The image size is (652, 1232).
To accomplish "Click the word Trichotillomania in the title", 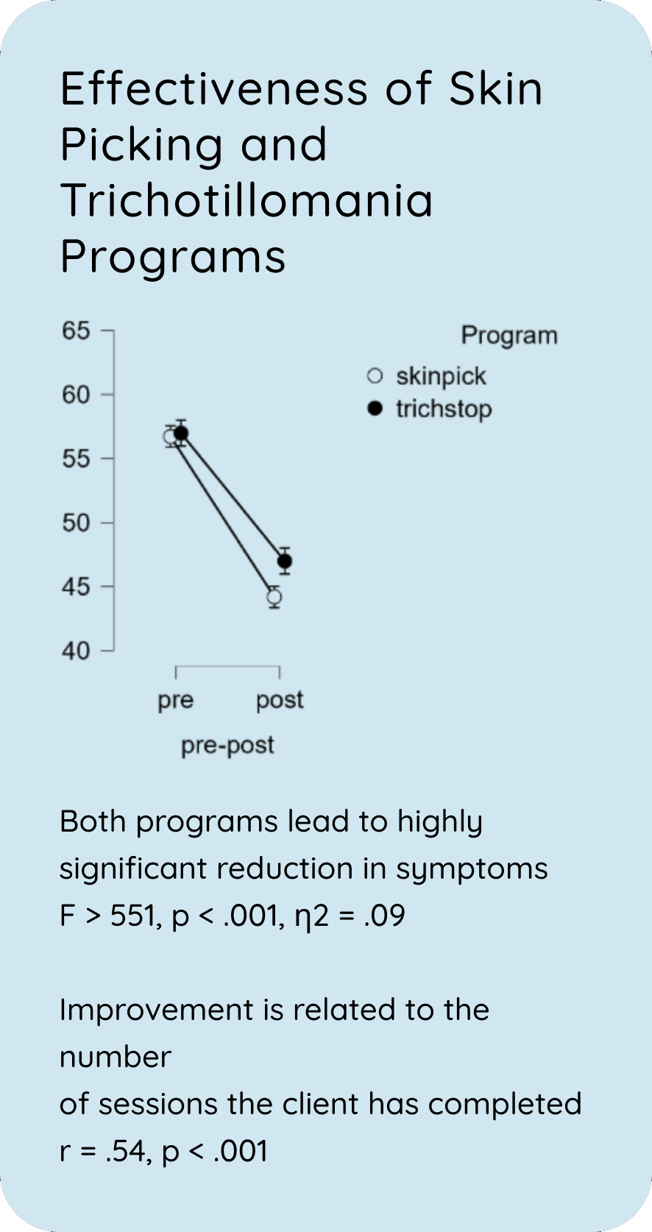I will click(x=247, y=200).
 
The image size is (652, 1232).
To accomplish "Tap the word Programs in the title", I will click(x=173, y=256).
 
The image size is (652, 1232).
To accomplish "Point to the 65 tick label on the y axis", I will click(x=76, y=330).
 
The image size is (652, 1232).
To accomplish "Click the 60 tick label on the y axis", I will click(x=76, y=394).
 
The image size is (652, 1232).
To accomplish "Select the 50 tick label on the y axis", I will click(x=76, y=523).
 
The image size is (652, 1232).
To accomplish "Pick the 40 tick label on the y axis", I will click(x=76, y=651).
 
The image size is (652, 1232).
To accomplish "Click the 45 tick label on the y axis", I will click(x=76, y=587).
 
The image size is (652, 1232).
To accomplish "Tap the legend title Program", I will click(x=509, y=335).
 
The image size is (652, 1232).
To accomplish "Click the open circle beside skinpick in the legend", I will click(x=375, y=376).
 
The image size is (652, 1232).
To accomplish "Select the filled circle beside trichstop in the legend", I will click(x=375, y=408).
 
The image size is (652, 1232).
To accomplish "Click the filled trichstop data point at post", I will click(x=284, y=561).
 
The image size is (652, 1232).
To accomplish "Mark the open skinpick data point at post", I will click(x=274, y=597).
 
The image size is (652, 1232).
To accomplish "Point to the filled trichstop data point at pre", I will click(x=181, y=433).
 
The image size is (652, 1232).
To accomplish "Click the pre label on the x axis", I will click(x=175, y=699).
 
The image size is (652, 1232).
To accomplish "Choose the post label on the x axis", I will click(x=280, y=699).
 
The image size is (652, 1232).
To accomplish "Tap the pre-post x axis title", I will click(x=227, y=745).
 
